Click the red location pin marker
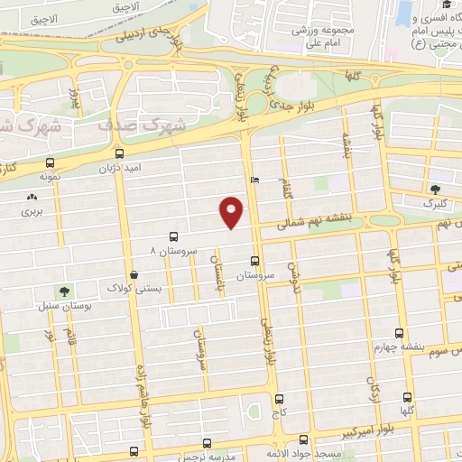(x=232, y=211)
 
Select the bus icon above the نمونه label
(x=47, y=164)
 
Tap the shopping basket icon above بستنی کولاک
(x=134, y=273)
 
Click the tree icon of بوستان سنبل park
(x=65, y=291)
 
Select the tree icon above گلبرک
(x=436, y=189)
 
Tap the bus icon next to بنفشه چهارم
(x=401, y=331)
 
